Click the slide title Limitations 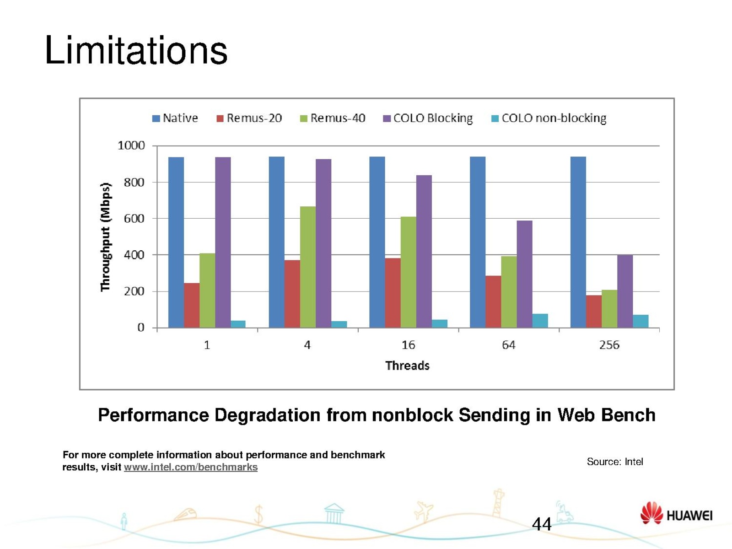[x=136, y=50]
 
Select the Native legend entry [x=175, y=118]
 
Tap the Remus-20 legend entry [x=249, y=118]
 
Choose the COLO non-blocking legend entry [x=549, y=118]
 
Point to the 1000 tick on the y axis [x=131, y=145]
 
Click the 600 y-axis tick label [x=134, y=219]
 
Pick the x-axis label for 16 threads [x=408, y=345]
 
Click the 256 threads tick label [x=609, y=345]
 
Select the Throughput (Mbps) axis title [x=106, y=237]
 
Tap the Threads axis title [x=407, y=366]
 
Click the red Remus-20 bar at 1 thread [x=192, y=305]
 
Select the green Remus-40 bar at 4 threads [x=308, y=267]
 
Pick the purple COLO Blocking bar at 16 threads [x=424, y=251]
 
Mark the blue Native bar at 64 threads [x=478, y=242]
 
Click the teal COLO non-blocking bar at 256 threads [x=640, y=321]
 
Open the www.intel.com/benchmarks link [x=191, y=467]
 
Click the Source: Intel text [x=614, y=462]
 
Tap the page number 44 [x=542, y=524]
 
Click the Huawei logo [x=676, y=514]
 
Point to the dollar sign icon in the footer [x=258, y=514]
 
